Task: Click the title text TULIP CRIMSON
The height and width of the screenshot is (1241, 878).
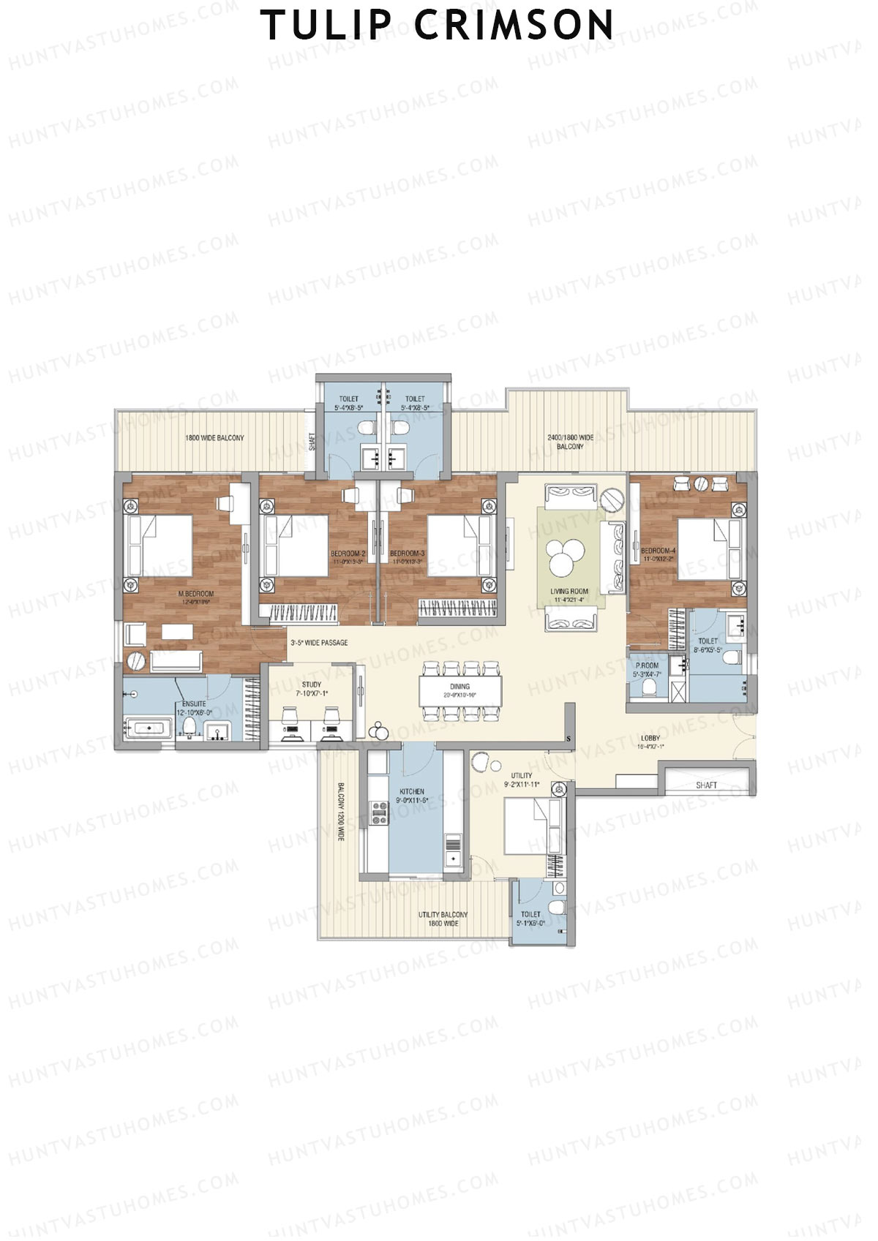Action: [x=438, y=26]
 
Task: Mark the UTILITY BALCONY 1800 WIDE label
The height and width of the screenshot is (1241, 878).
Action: [x=443, y=919]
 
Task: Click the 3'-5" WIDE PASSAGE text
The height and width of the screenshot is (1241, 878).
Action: [x=319, y=643]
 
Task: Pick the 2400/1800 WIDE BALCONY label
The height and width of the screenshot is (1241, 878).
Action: [x=570, y=442]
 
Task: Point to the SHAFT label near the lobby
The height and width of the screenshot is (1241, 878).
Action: [x=706, y=785]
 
